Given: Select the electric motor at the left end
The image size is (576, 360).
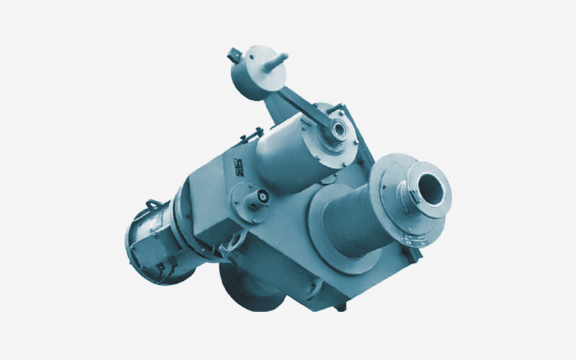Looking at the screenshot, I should point(155,238).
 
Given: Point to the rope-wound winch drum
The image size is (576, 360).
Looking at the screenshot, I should point(353,220).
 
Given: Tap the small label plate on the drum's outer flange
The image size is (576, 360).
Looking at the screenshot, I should point(405,189).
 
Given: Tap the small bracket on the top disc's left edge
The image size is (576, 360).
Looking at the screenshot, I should point(233,55).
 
